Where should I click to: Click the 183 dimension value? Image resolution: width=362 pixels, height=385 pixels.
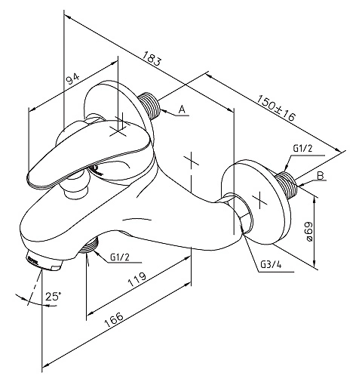click(152, 58)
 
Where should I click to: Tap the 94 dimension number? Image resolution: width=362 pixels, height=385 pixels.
click(72, 79)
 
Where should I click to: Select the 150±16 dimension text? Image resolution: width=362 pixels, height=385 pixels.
click(276, 108)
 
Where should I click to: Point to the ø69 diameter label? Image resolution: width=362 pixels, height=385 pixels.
click(308, 232)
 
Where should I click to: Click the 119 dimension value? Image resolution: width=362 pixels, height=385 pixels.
click(137, 279)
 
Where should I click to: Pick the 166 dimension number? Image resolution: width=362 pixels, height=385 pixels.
click(114, 320)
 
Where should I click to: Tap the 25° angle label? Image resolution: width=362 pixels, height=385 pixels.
click(54, 296)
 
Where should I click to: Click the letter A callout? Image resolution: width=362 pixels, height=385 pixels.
click(182, 109)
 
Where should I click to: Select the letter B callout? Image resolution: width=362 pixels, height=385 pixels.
click(321, 175)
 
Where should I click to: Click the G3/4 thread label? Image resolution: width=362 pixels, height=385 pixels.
click(271, 264)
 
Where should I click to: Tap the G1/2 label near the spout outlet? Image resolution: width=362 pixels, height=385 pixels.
click(119, 257)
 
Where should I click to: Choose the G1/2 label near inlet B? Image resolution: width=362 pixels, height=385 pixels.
click(302, 149)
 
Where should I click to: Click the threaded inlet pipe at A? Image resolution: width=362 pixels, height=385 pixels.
click(150, 106)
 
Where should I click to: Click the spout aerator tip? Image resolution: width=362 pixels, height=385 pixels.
click(44, 263)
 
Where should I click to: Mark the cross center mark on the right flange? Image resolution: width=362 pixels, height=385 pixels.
click(259, 199)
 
